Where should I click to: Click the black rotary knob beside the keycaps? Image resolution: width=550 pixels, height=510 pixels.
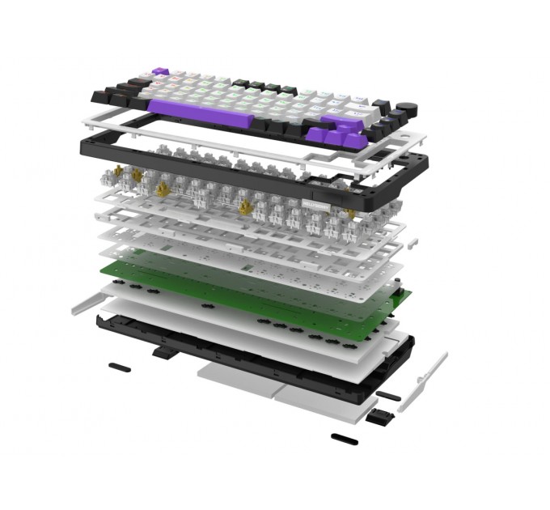412,108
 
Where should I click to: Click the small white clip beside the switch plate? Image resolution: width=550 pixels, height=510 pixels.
412,240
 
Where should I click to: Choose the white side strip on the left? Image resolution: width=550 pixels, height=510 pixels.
89,304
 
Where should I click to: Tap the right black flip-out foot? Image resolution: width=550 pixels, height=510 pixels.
379,417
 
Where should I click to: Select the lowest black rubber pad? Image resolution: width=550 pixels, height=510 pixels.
343,440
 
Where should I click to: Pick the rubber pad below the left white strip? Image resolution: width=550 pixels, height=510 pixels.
120,367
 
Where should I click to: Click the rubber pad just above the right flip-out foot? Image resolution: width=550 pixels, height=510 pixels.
387,396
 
